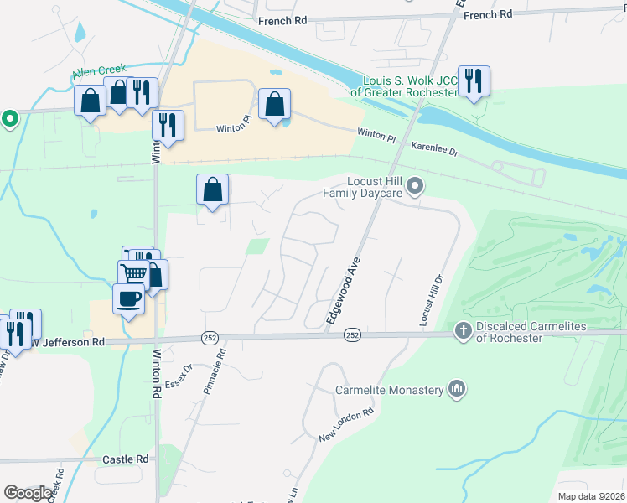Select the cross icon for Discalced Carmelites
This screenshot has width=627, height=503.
463,331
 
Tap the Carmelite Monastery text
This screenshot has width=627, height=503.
388,390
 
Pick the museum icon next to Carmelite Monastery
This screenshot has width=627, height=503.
457,389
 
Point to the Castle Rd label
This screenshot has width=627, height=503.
125,459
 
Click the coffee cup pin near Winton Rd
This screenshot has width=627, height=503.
128,298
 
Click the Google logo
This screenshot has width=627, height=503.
28,493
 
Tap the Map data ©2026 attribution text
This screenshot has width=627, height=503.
591,496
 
